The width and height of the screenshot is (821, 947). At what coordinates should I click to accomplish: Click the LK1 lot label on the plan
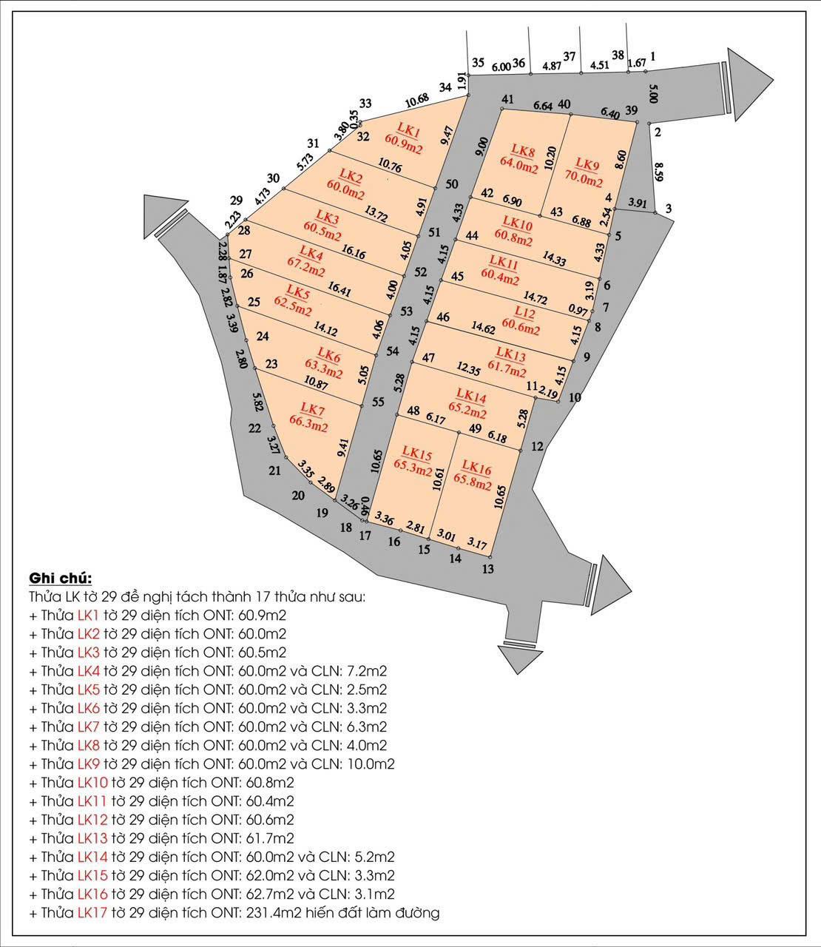409,130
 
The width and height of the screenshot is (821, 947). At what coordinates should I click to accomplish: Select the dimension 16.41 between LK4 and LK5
339,289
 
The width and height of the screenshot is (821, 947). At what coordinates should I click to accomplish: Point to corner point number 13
488,568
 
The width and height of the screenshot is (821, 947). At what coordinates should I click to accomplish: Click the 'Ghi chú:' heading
61,579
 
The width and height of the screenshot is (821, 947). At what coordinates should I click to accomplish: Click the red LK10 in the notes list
92,782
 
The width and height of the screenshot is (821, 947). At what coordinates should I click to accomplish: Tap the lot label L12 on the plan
524,312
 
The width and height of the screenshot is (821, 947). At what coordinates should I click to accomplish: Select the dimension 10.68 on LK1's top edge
418,101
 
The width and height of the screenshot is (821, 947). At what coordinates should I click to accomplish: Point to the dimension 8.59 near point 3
659,171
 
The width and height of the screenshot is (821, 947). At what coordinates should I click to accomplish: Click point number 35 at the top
478,63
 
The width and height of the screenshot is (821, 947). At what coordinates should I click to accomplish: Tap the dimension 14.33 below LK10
554,259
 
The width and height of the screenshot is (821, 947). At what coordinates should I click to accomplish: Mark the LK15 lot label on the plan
415,453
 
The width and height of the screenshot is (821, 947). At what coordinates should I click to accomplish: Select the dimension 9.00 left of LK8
482,147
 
